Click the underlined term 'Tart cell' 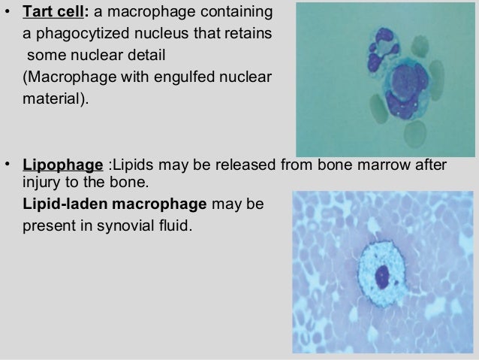[x=55, y=14]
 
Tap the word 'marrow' [x=384, y=165]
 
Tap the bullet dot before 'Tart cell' [x=8, y=14]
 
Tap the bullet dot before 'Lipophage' [x=8, y=165]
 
